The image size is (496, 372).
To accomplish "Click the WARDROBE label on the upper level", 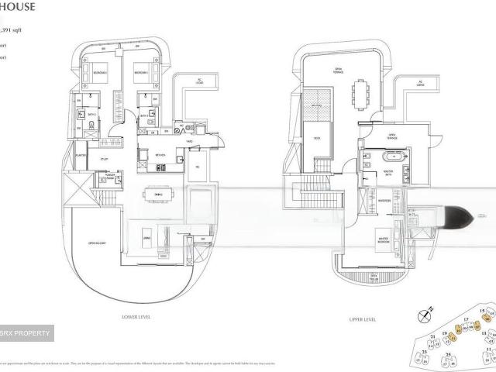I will tap(383, 200).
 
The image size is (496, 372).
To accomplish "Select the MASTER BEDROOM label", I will tap(383, 239).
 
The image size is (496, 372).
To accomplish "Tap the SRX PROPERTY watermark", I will tap(26, 334).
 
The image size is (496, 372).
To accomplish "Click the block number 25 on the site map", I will tap(449, 356).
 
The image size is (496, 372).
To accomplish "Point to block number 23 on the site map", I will tap(425, 353).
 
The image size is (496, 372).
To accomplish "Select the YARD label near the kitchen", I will tap(189, 142).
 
